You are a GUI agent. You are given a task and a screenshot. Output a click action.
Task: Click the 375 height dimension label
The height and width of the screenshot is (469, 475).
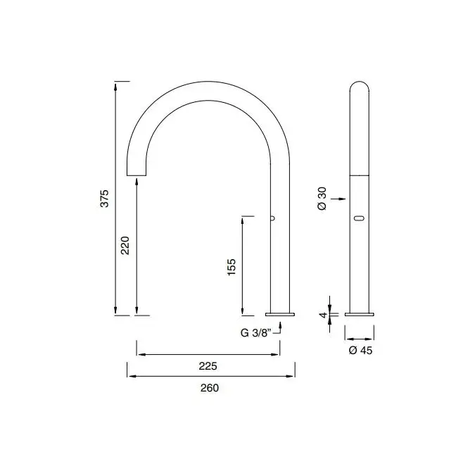click(104, 199)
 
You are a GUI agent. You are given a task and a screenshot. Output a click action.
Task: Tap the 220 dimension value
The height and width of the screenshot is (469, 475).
click(125, 245)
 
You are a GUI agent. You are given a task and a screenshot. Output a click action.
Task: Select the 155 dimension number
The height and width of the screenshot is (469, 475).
click(231, 267)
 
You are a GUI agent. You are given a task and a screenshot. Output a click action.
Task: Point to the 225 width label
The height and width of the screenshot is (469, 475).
click(208, 366)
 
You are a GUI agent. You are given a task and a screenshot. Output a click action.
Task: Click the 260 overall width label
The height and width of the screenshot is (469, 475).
click(209, 388)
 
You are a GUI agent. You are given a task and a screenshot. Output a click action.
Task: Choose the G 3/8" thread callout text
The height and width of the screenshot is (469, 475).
click(255, 333)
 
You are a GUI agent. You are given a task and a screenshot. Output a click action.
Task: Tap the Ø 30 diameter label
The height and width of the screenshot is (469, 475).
click(322, 199)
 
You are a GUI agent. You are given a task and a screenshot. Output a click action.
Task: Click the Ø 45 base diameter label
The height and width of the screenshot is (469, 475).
click(360, 351)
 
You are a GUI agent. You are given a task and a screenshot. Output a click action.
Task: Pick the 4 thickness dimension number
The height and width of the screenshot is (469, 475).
click(324, 315)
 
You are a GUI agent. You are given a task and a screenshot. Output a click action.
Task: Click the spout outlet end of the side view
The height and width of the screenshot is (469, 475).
click(137, 175)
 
